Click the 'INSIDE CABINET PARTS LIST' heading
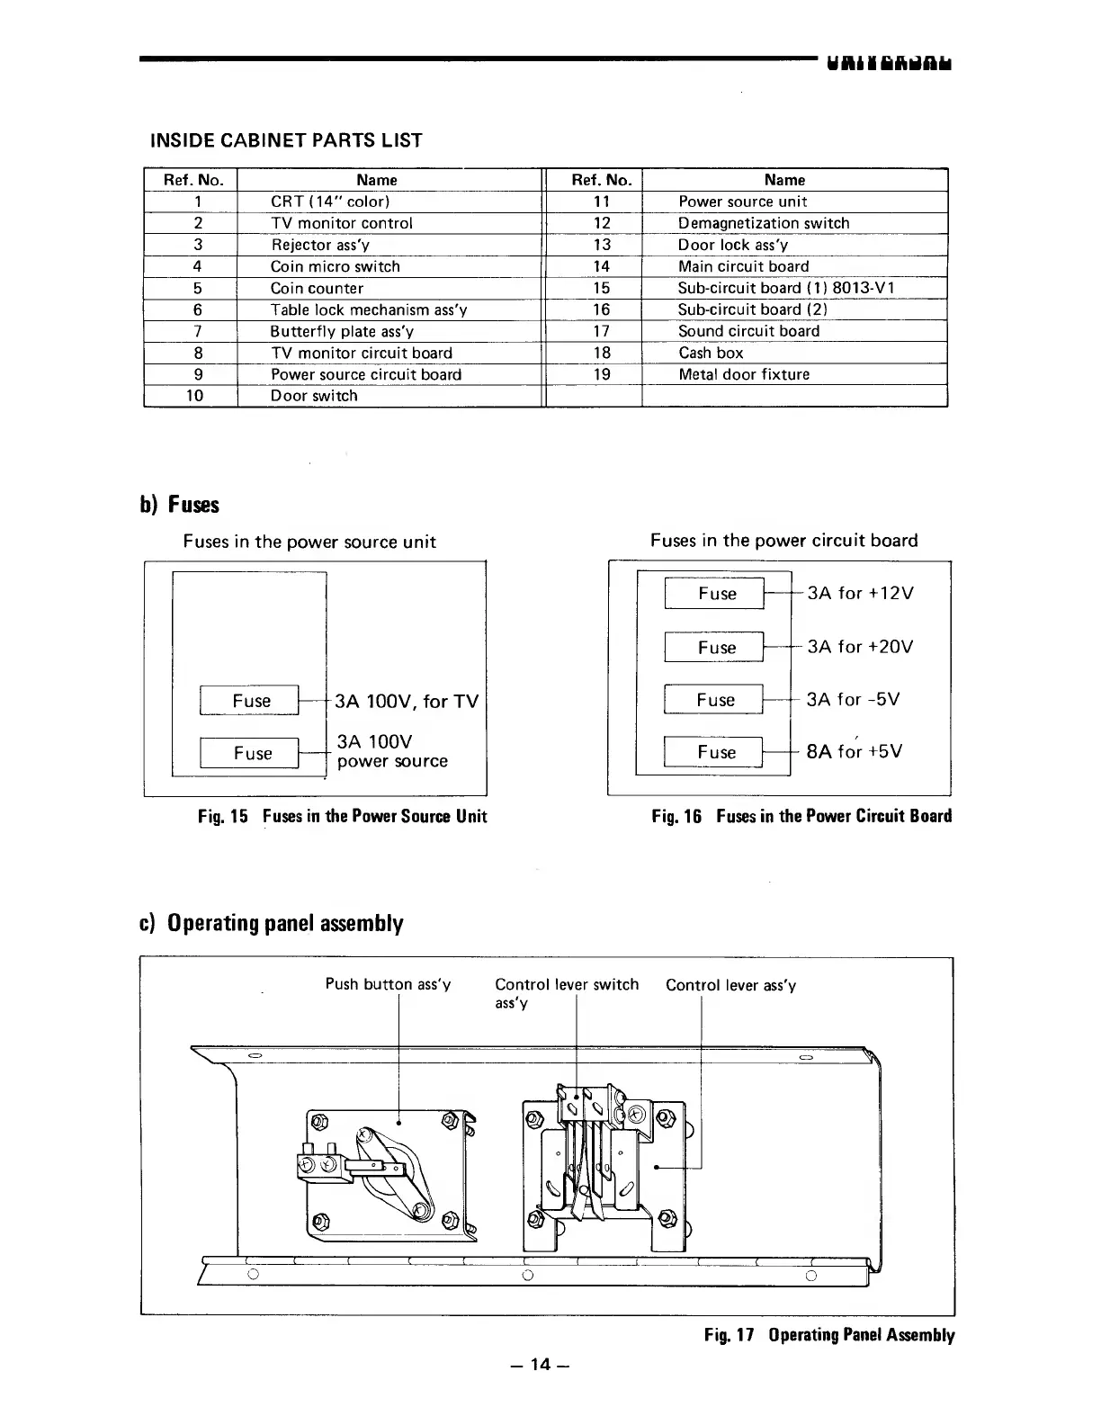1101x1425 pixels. [285, 140]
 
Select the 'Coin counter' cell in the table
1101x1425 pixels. [317, 288]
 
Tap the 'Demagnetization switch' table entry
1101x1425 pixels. [763, 223]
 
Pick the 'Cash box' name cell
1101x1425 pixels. [711, 353]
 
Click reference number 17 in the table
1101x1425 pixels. [602, 331]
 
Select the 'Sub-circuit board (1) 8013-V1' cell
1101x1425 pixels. [785, 288]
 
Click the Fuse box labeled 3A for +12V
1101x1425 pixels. [716, 594]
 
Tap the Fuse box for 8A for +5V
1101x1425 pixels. [716, 752]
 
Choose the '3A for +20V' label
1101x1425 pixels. [860, 647]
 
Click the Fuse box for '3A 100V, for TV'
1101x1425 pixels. [251, 701]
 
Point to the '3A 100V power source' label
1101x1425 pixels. [391, 751]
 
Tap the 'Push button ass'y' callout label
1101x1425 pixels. [388, 984]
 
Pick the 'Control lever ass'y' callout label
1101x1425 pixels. [730, 985]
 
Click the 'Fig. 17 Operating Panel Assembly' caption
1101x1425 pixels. [829, 1335]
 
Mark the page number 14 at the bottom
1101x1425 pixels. [540, 1365]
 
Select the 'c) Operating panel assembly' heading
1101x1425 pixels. [272, 924]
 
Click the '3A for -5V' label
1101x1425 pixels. [853, 700]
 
